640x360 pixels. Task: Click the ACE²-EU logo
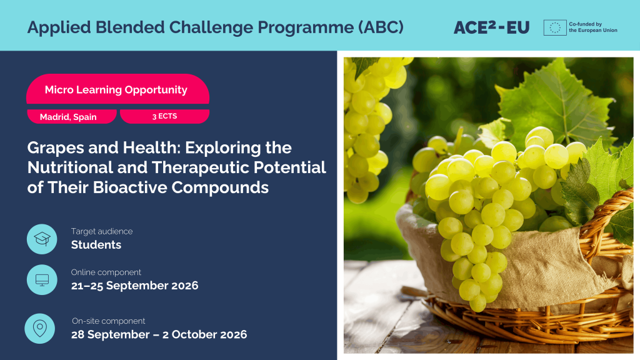[491, 27]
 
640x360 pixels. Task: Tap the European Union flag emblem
[555, 27]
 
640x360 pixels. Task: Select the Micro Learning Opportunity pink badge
[117, 89]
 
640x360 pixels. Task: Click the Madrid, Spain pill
[72, 116]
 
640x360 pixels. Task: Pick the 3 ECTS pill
[164, 116]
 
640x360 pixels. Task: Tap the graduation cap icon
[42, 239]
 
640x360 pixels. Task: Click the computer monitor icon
[42, 279]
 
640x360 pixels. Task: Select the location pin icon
[39, 328]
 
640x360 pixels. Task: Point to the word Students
[96, 244]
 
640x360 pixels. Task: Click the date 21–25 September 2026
[135, 285]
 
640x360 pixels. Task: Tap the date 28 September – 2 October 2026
[159, 334]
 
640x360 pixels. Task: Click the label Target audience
[102, 231]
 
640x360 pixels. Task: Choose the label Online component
[106, 272]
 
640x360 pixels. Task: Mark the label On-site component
[109, 321]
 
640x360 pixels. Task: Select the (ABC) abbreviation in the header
[381, 27]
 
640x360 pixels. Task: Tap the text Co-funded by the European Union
[593, 27]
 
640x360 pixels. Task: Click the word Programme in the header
[306, 27]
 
